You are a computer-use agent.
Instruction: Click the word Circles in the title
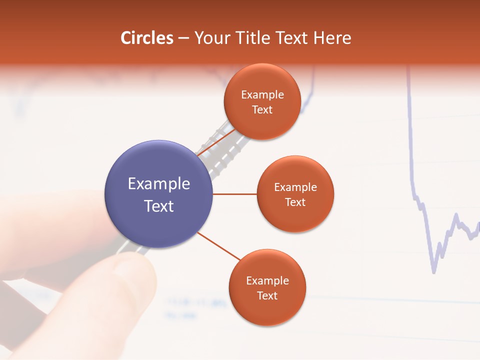coord(147,38)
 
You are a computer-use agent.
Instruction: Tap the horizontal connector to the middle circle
coord(234,194)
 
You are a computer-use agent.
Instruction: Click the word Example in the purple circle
coord(159,184)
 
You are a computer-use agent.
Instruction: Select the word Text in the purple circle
coord(159,206)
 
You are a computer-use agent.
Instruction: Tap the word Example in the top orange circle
coord(262,95)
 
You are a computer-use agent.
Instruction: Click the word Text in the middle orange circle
coord(295,202)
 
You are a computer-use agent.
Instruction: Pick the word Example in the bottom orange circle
coord(267,281)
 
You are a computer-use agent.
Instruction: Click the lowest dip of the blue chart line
coord(433,271)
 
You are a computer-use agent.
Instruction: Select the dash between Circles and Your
coord(183,38)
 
